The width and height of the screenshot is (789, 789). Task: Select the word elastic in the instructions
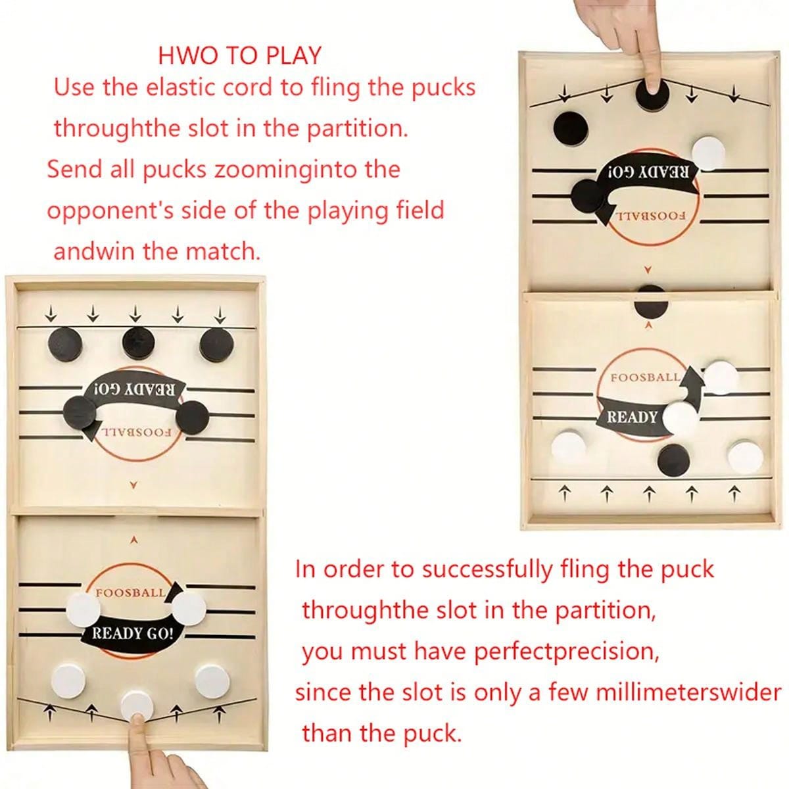[183, 87]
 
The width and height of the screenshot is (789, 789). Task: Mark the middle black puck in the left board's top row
[138, 342]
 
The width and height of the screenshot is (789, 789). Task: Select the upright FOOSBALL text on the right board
[645, 378]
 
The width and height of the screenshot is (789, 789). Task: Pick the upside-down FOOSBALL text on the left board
[137, 433]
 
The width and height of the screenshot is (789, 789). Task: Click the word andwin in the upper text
[94, 251]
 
